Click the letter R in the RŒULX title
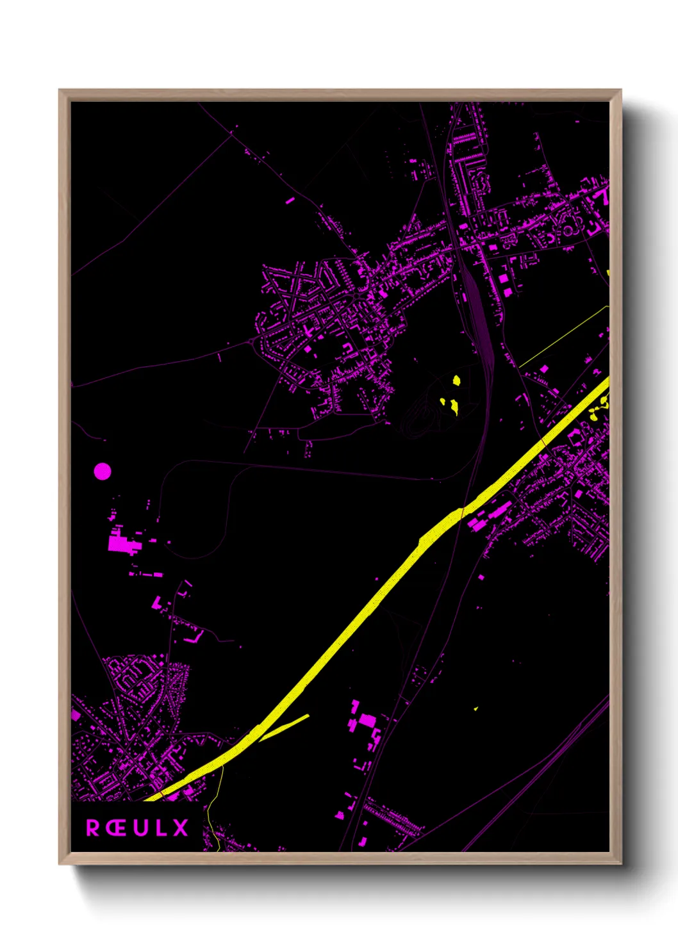tap(94, 828)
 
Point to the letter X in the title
tap(181, 828)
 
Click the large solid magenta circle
tap(103, 472)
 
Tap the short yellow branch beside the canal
tap(285, 726)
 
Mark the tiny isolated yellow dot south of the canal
tap(475, 708)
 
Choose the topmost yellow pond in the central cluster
tap(456, 380)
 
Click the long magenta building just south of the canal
tap(490, 515)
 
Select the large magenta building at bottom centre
tap(367, 721)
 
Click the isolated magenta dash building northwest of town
tap(290, 200)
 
